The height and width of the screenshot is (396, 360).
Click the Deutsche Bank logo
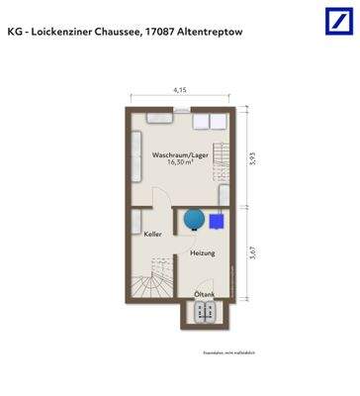click(337, 21)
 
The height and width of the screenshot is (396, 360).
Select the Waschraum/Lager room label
click(178, 155)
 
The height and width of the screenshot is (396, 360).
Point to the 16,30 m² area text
click(178, 165)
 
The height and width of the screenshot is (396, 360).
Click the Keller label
click(152, 234)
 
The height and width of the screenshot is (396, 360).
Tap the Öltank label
click(204, 294)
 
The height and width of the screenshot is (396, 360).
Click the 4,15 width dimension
click(180, 90)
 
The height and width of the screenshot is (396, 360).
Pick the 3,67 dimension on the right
click(254, 253)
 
